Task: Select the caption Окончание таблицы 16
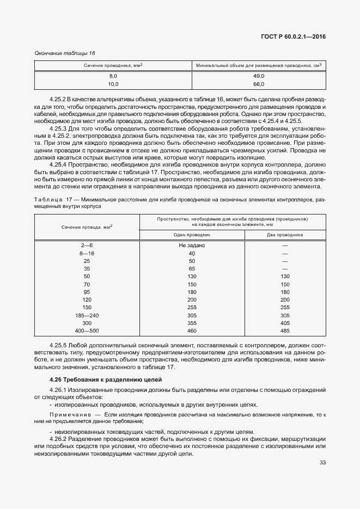coord(65,53)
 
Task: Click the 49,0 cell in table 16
coord(259,76)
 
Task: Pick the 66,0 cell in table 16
coord(259,84)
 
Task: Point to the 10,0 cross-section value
coord(113,84)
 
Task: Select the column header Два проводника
coord(285,235)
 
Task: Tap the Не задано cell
coord(192,246)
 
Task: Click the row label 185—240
coord(87,315)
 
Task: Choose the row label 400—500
coord(87,330)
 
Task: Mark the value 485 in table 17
coord(285,330)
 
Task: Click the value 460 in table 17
coord(192,330)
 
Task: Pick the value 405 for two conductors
coord(285,323)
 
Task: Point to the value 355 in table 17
coord(192,323)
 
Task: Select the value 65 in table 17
coord(192,269)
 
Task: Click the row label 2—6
coord(87,246)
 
